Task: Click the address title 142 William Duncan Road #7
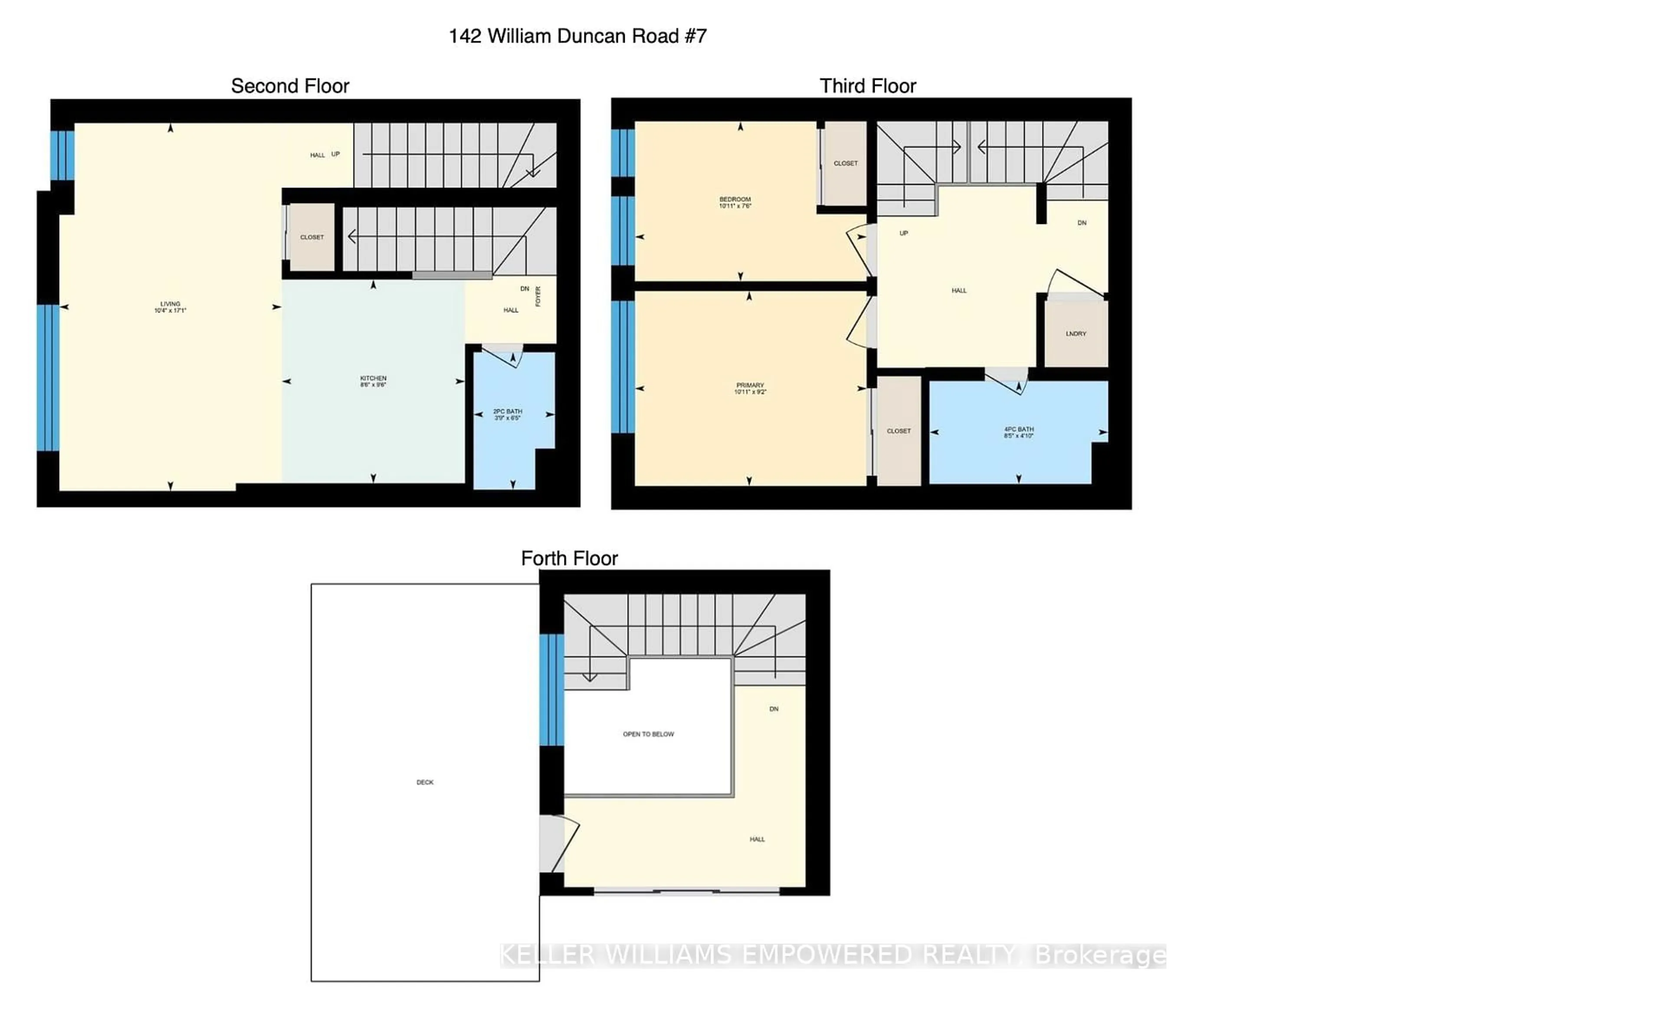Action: pos(577,36)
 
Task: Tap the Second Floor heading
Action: pos(290,86)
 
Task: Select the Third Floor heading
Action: pos(867,86)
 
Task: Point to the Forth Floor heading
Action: pos(569,558)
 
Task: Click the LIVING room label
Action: pos(170,307)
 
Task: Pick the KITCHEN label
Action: pos(373,381)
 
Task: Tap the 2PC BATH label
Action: pos(507,414)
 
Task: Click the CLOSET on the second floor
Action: pos(312,237)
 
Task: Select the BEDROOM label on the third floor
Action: pos(735,202)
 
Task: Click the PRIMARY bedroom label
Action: pos(750,388)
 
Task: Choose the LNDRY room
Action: pos(1076,333)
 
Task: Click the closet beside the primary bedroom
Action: pos(899,431)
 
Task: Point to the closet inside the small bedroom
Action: pos(845,163)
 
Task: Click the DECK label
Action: pos(425,782)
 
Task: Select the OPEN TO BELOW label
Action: pos(649,734)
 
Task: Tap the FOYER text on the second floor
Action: pos(538,296)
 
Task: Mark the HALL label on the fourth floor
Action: pos(757,839)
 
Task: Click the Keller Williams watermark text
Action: pos(832,955)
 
